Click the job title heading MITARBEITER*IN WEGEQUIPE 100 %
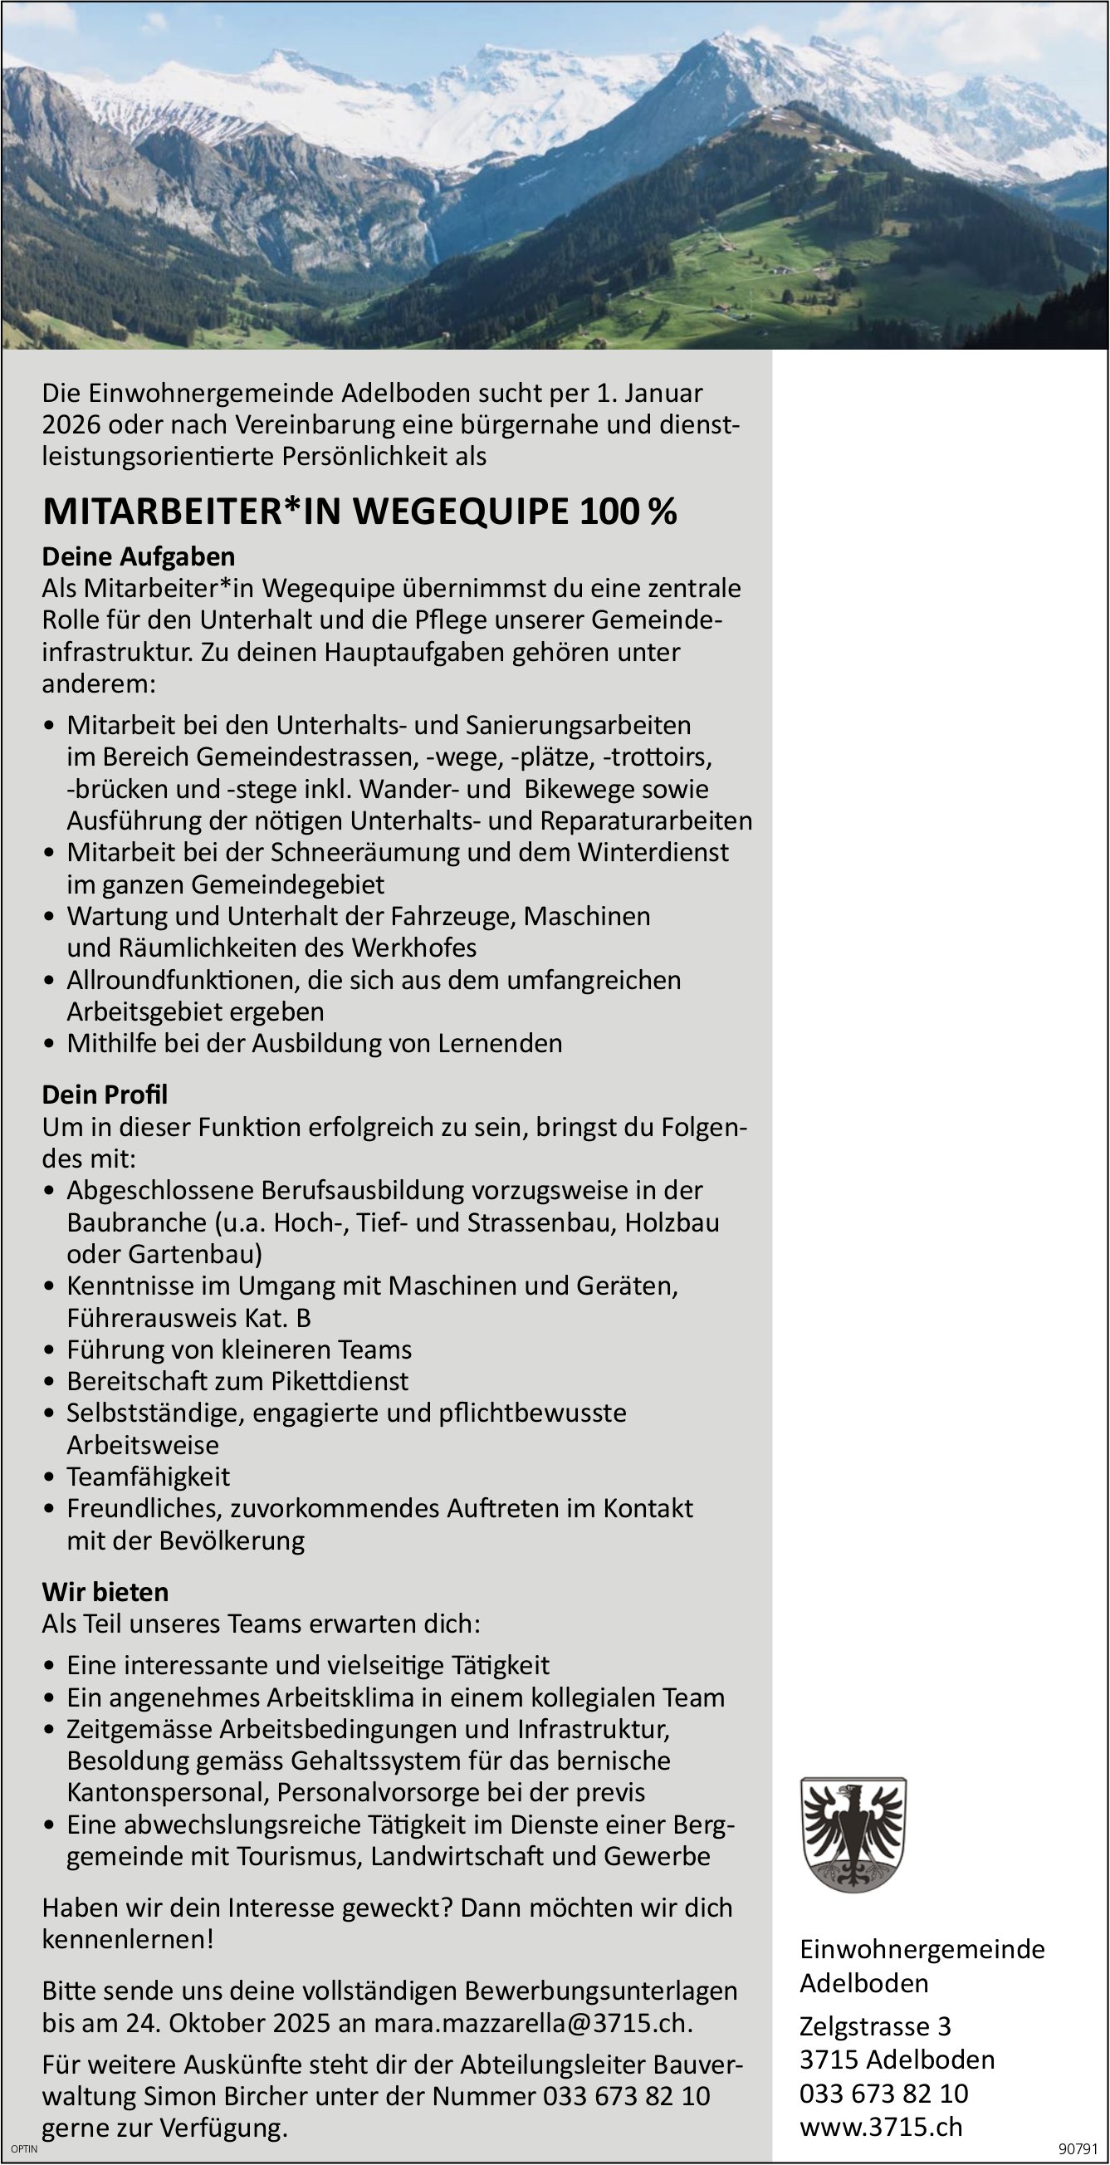(x=359, y=512)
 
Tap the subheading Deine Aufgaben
(x=139, y=556)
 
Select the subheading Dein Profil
(x=105, y=1095)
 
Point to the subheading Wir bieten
(x=105, y=1592)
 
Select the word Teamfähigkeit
(x=148, y=1477)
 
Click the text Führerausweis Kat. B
(x=189, y=1318)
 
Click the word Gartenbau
(x=195, y=1254)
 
